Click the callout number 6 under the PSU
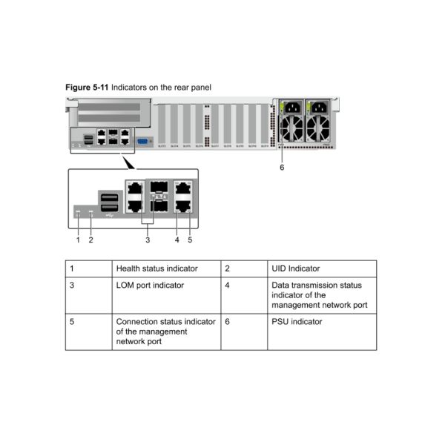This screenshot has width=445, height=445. [x=281, y=167]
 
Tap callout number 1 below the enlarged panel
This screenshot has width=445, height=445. [x=78, y=240]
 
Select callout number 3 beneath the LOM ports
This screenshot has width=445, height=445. [x=148, y=240]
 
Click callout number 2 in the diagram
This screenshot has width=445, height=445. [x=90, y=240]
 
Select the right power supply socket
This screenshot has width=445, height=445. [x=320, y=108]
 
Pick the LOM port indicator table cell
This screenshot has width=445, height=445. [x=150, y=285]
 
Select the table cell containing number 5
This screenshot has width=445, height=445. [x=72, y=322]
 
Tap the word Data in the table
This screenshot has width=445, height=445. [x=280, y=285]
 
